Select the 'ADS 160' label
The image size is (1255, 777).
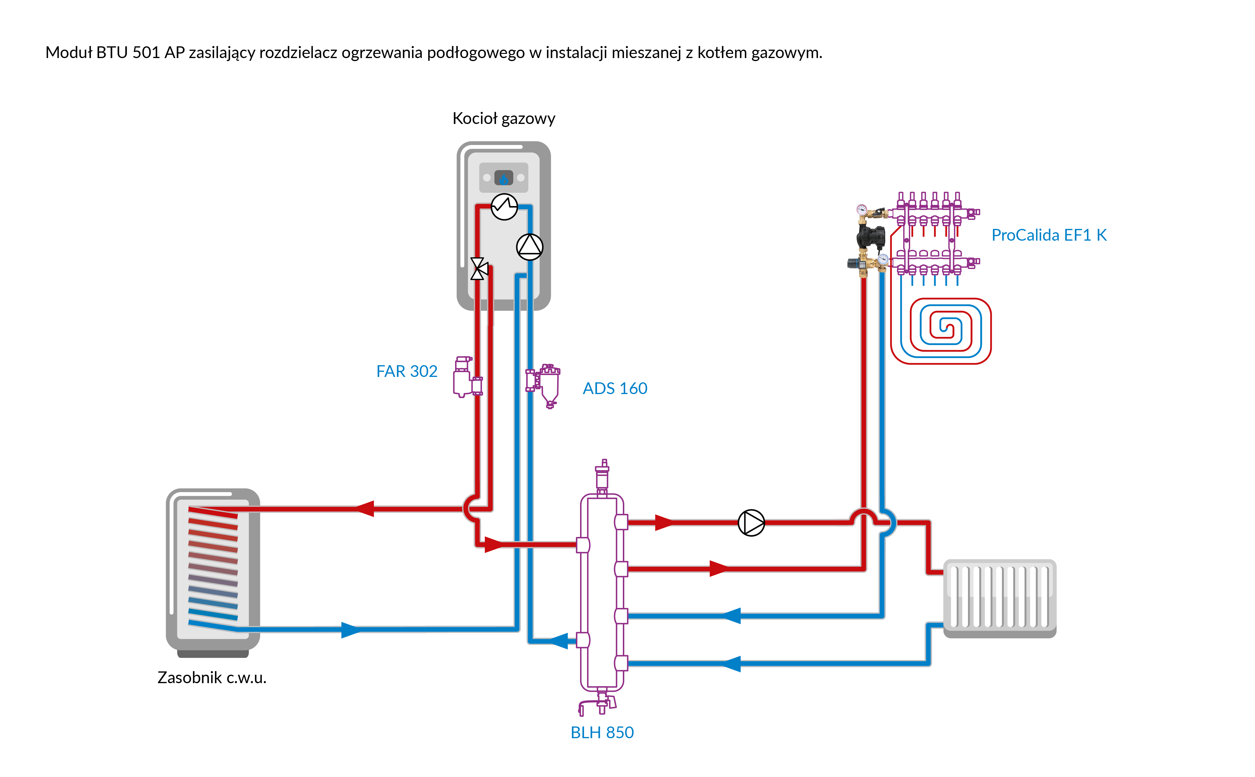click(x=615, y=389)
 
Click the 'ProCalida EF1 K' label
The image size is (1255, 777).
click(x=1049, y=235)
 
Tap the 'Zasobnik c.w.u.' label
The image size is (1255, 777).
click(x=212, y=678)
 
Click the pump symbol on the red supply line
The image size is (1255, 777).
click(x=751, y=523)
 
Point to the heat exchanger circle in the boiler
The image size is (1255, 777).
click(x=504, y=207)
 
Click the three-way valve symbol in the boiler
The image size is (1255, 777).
click(x=478, y=268)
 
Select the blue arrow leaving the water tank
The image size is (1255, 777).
click(x=351, y=630)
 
